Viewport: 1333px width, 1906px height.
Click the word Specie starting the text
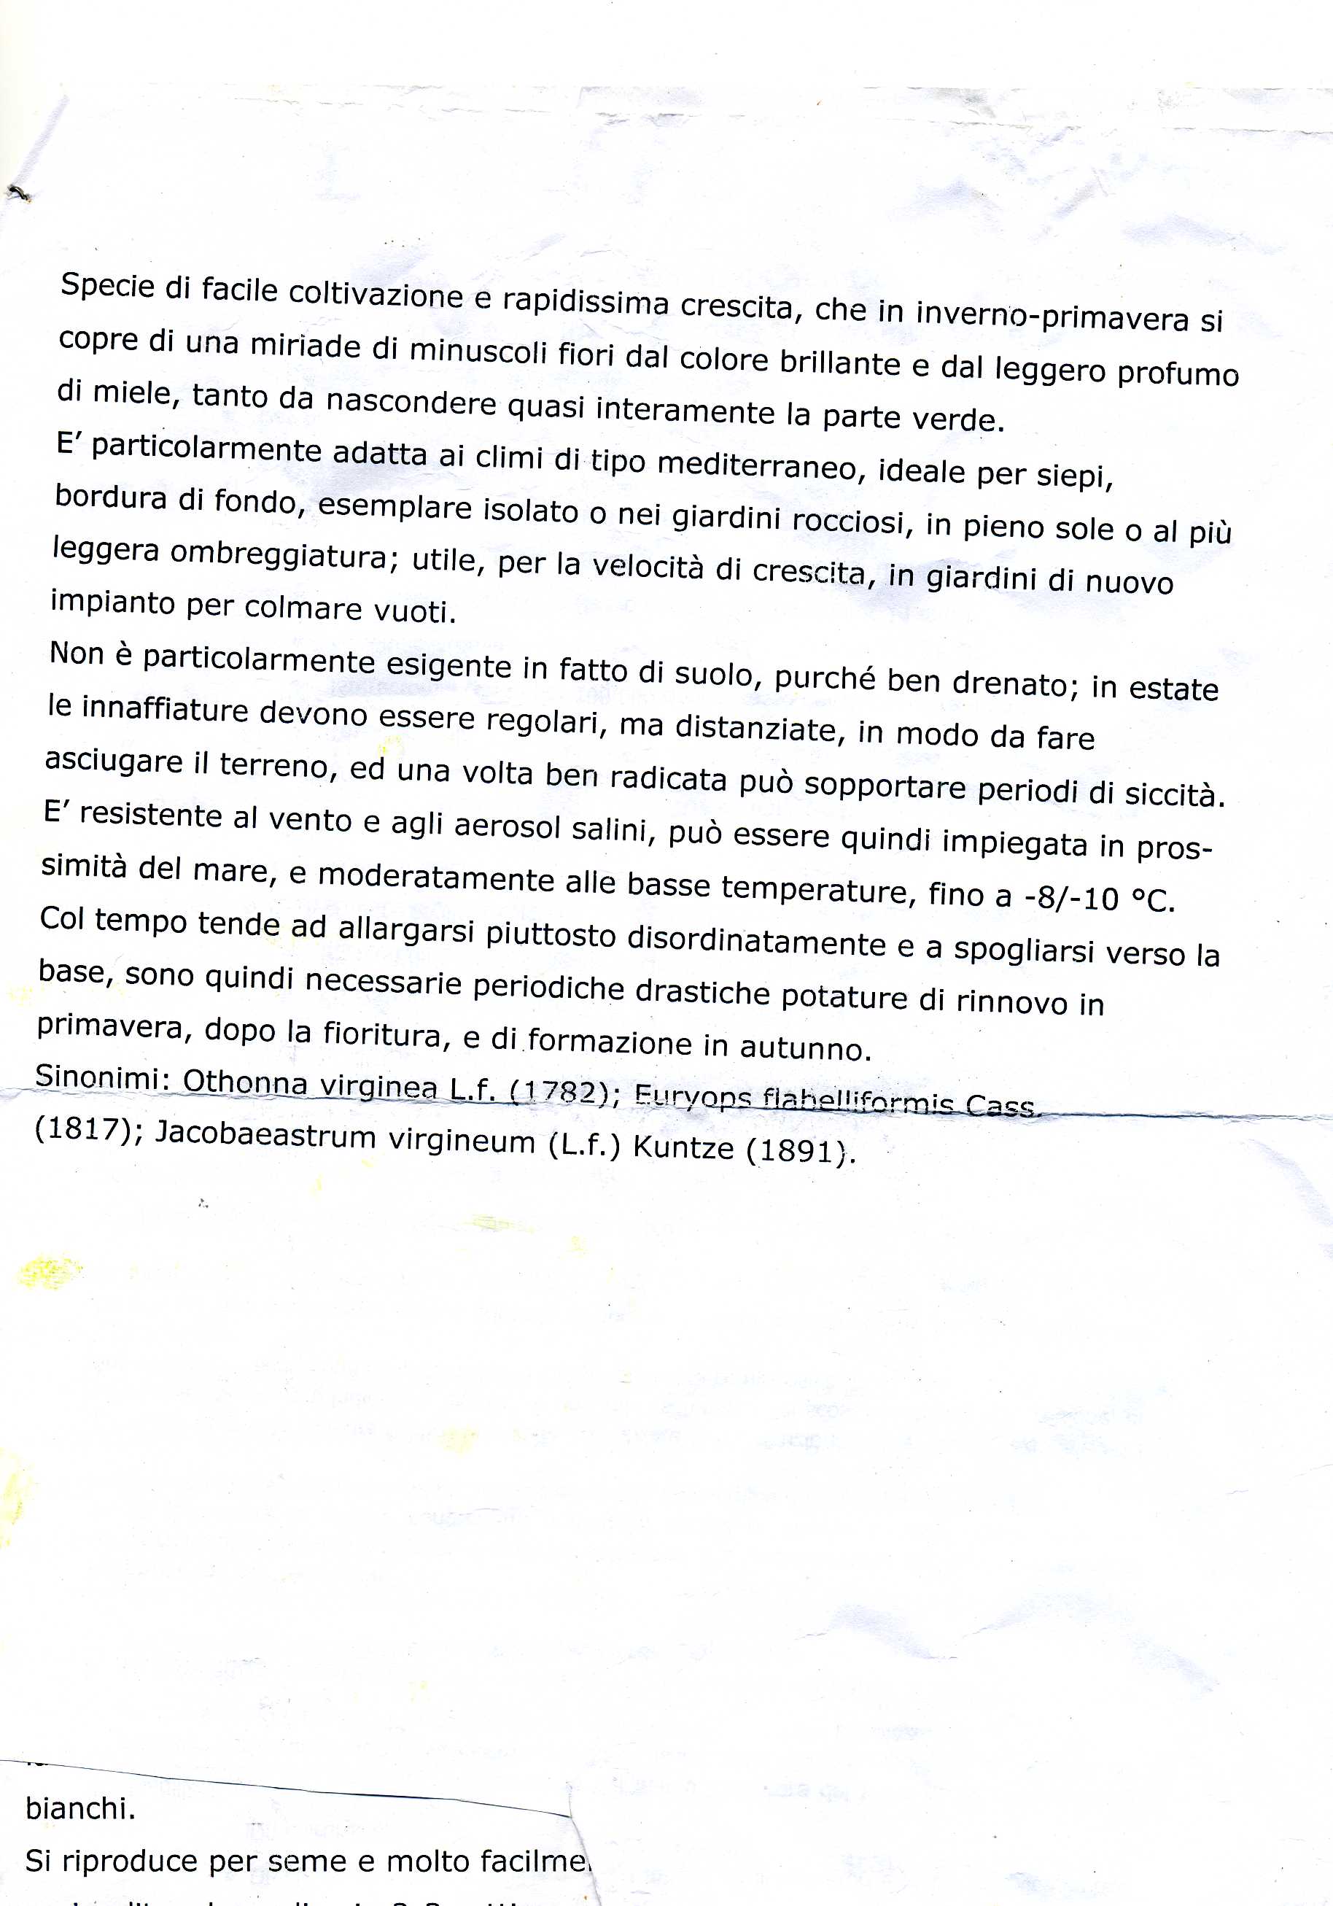click(107, 287)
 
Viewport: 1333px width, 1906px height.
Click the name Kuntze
click(684, 1147)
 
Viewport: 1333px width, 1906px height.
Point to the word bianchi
click(80, 1809)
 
